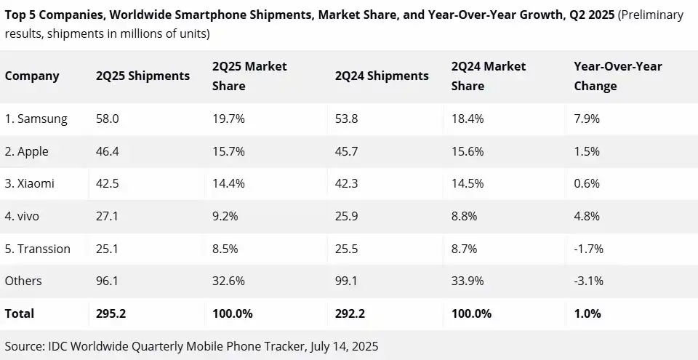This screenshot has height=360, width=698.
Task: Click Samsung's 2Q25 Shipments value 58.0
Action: click(x=107, y=119)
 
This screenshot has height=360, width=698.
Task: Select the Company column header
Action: click(x=32, y=76)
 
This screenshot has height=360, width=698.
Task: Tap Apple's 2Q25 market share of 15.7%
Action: click(x=228, y=152)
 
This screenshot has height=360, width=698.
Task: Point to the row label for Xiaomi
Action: click(x=30, y=184)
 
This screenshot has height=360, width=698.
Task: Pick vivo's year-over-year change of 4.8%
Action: click(x=587, y=216)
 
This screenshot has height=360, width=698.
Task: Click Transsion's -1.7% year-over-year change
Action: click(x=588, y=249)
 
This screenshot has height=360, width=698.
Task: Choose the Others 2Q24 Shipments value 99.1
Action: click(x=347, y=281)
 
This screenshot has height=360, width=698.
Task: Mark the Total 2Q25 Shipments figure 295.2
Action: click(x=111, y=314)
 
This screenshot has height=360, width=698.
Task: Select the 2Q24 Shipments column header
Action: click(x=382, y=76)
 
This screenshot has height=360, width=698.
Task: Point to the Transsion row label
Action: click(x=38, y=249)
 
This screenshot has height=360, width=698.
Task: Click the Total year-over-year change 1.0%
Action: click(x=587, y=314)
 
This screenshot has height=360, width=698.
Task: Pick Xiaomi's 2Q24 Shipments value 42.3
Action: click(x=347, y=184)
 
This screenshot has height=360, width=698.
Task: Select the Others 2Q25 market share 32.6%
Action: click(x=228, y=281)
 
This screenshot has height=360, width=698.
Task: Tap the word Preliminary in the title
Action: click(x=651, y=15)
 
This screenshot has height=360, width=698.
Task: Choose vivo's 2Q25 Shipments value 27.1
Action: click(x=107, y=216)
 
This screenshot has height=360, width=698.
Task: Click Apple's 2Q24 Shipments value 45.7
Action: click(x=347, y=152)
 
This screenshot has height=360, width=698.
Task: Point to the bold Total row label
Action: click(x=20, y=314)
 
